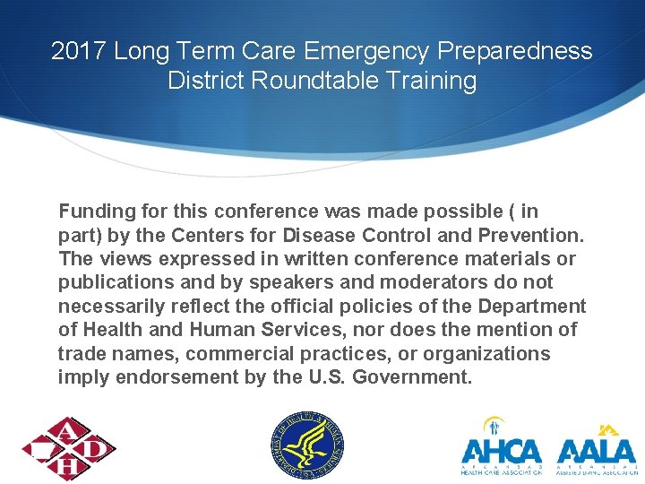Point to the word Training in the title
[429, 81]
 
